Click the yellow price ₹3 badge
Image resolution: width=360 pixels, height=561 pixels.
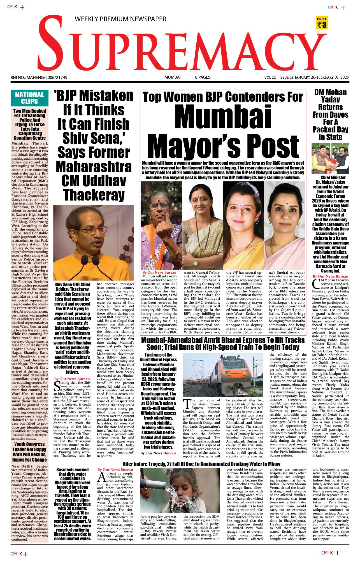pyautogui.click(x=322, y=23)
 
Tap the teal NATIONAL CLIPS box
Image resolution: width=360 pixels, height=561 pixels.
pyautogui.click(x=29, y=98)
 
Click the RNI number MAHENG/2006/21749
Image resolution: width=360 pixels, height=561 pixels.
pyautogui.click(x=39, y=78)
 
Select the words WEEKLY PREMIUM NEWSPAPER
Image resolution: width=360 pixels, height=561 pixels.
pyautogui.click(x=120, y=19)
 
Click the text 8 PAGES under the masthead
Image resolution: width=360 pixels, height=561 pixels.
pyautogui.click(x=203, y=77)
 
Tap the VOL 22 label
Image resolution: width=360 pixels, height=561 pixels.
pyautogui.click(x=270, y=78)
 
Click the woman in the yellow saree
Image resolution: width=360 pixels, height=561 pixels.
pyautogui.click(x=243, y=227)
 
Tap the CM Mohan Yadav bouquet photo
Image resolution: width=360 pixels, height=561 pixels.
pyautogui.click(x=330, y=158)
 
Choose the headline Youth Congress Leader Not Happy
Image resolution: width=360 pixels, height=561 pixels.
pyautogui.click(x=29, y=452)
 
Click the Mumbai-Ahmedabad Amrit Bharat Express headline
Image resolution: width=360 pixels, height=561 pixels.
pyautogui.click(x=223, y=344)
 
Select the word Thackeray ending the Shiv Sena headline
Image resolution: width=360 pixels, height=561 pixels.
pyautogui.click(x=94, y=195)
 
